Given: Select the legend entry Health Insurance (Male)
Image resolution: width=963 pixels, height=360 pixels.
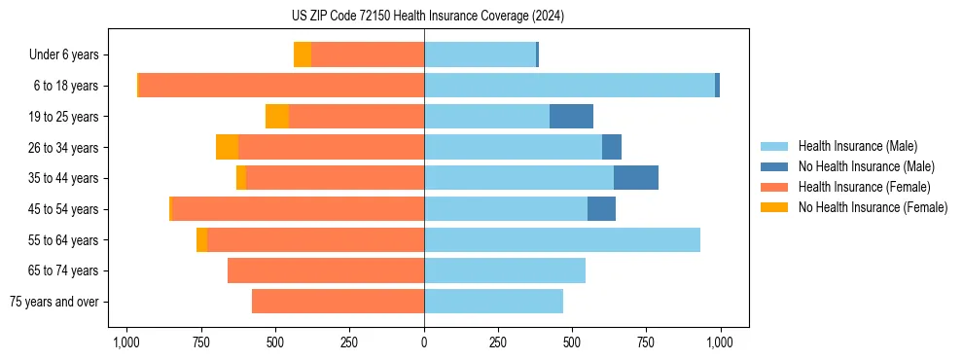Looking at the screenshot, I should coord(858,146).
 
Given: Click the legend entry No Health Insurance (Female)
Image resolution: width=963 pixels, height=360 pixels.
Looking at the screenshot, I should coord(873,207).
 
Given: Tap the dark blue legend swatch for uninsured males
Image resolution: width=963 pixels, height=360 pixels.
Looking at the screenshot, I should coord(775,166).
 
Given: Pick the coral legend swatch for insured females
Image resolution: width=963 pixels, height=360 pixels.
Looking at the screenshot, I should coord(775,187).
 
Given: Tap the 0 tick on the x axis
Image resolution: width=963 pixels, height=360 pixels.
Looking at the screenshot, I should coord(424,342).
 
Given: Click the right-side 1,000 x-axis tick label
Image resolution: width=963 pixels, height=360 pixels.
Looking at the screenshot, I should coord(720,342).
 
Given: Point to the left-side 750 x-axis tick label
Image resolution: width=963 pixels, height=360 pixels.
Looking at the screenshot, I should coord(201,342).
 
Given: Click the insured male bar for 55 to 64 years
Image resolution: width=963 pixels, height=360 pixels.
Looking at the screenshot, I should coord(562,240).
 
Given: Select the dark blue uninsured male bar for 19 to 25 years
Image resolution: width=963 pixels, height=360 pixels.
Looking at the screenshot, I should coord(572,117).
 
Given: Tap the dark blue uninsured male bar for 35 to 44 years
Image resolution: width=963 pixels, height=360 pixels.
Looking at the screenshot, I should coord(636,178).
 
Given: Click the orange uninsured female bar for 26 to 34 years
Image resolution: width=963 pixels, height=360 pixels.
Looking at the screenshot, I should coord(228,148).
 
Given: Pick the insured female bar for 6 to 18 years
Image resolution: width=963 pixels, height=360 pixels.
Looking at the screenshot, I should coord(282,86).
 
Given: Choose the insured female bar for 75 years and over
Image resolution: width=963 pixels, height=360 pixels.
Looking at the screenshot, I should coord(338,302).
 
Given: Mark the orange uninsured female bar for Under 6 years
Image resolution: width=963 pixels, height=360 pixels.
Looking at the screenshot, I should coord(303,55).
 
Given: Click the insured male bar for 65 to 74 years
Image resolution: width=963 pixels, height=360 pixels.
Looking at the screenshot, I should coord(505,270).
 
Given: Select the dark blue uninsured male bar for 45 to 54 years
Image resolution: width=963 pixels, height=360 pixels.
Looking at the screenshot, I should coord(602,209).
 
